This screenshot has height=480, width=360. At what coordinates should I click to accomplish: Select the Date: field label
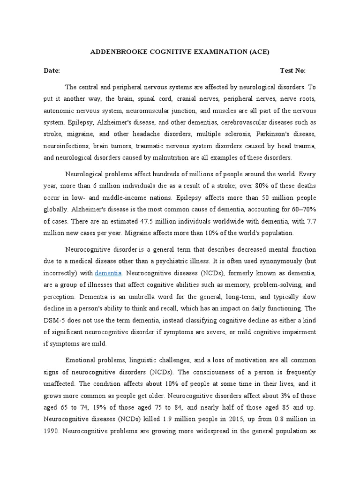coord(52,71)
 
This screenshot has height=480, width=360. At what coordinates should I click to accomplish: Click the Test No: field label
coord(293,71)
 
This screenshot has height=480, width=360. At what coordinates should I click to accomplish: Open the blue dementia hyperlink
coord(108,273)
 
